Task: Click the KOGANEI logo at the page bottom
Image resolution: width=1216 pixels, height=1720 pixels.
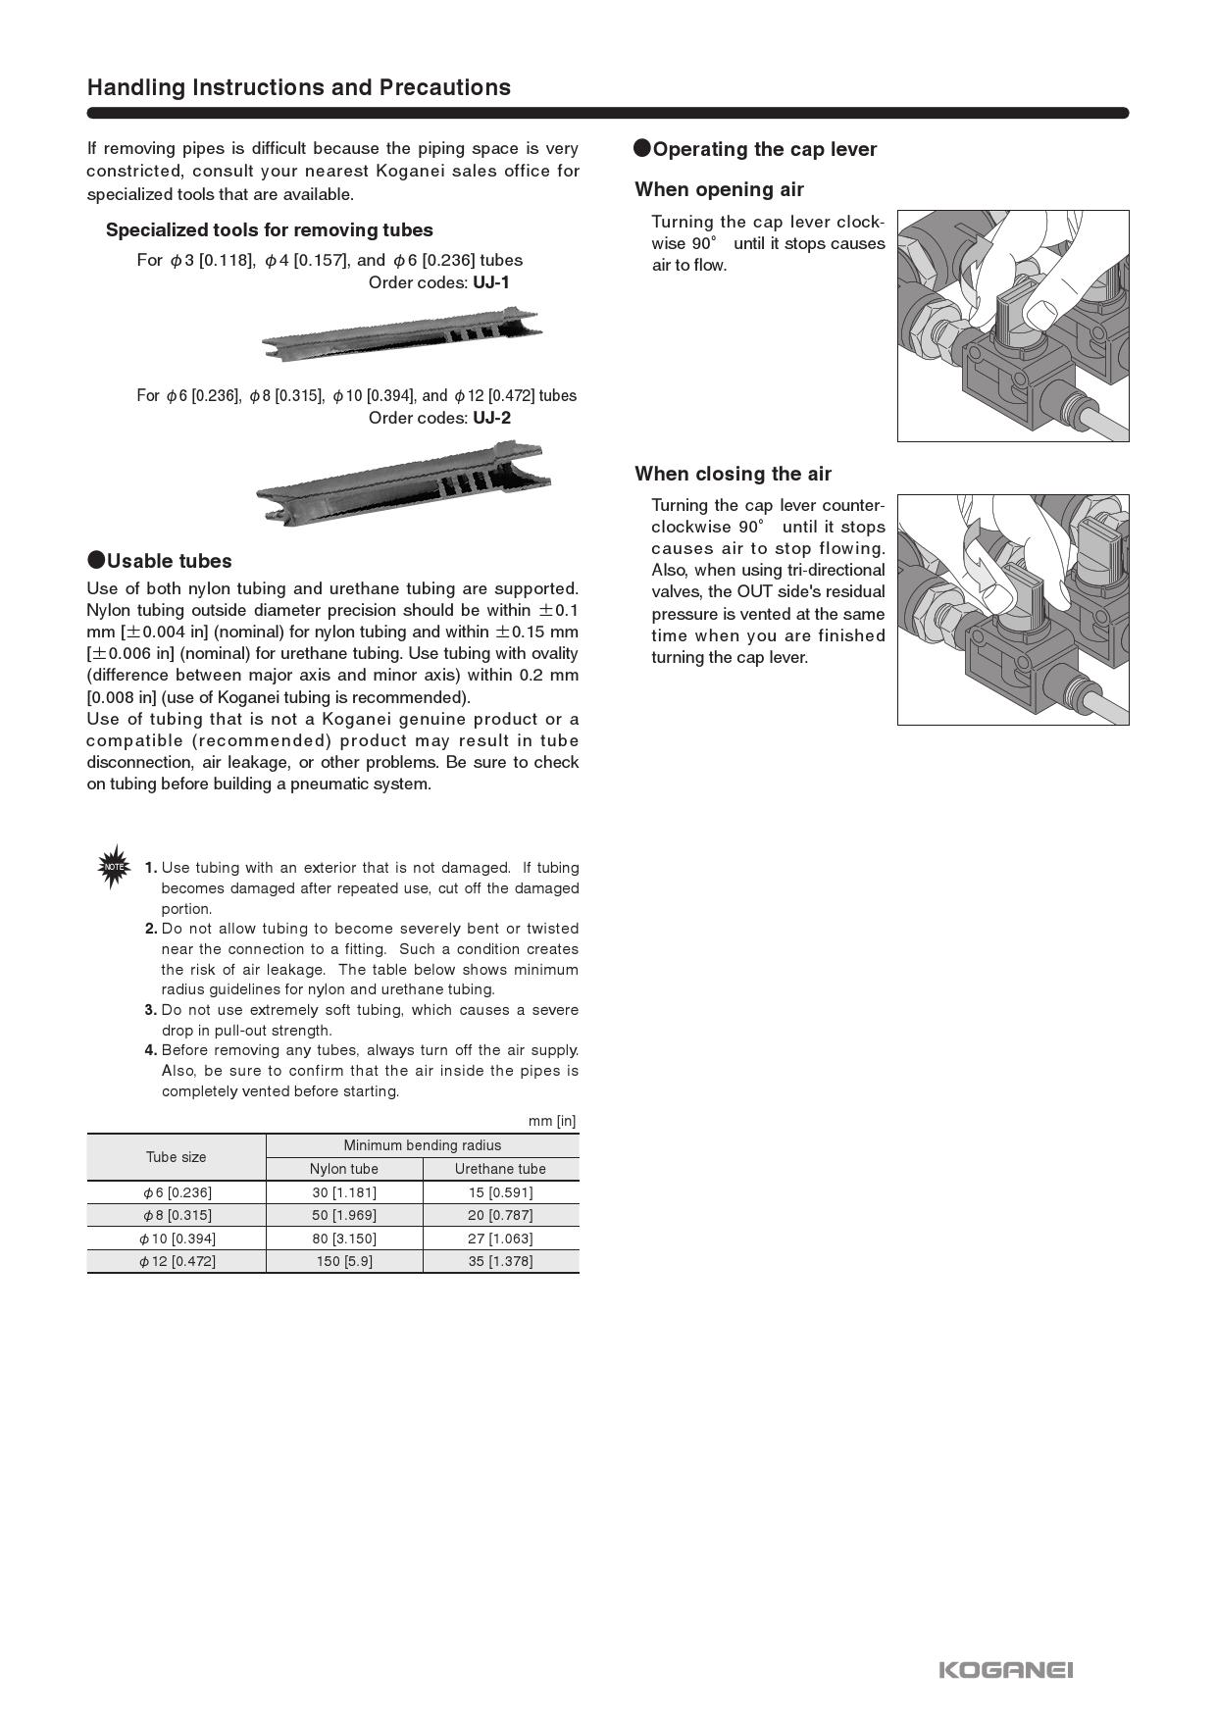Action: pos(1005,1670)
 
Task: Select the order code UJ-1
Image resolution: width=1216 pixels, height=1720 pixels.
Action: pos(491,282)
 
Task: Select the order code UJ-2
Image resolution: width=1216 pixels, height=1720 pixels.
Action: pos(491,418)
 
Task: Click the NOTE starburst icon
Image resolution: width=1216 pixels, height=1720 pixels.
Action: pos(114,867)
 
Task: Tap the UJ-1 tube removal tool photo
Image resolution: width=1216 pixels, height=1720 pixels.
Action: pos(402,332)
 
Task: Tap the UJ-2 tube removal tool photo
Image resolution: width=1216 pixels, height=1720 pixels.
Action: pos(403,482)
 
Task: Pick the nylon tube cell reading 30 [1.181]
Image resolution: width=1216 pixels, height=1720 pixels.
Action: pos(344,1192)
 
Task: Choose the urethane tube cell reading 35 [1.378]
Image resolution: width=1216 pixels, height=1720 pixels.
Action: pos(500,1261)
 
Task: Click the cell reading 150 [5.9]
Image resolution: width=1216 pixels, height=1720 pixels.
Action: pos(344,1261)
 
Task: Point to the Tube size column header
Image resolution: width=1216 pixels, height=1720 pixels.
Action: pos(177,1157)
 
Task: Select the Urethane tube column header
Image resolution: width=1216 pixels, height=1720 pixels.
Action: pos(500,1169)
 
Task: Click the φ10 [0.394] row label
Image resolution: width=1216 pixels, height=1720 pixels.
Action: pos(177,1239)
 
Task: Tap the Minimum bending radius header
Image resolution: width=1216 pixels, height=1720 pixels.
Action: pos(422,1145)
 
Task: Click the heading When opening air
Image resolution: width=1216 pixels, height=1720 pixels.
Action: pos(719,189)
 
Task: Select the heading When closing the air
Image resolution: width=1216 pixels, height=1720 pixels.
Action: pos(733,474)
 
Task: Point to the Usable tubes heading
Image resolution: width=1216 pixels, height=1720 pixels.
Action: pos(169,561)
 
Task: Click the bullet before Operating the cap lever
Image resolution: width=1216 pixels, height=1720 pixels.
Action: pos(642,148)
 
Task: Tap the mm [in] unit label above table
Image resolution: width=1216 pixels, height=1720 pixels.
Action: pos(552,1121)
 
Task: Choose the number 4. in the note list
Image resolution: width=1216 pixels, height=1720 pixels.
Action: pos(151,1050)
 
